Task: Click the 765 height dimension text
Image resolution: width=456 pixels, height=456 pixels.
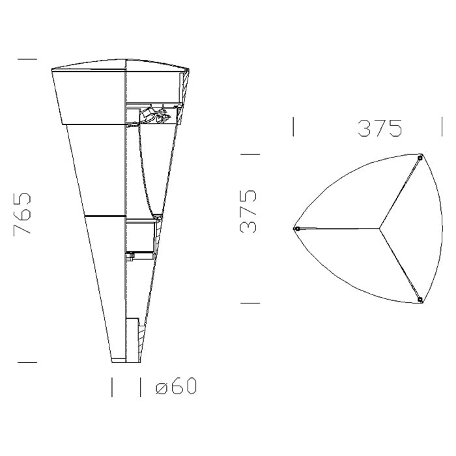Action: tap(22, 213)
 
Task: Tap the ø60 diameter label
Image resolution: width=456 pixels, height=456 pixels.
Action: tap(177, 386)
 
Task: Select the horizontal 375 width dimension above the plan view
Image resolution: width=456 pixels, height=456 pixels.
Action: tap(380, 128)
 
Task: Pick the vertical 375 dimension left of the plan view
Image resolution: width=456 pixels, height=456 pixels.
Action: tap(248, 211)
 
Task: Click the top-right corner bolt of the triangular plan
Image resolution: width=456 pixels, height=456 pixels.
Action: tap(420, 158)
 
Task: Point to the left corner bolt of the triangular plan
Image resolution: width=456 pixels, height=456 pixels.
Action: tap(296, 229)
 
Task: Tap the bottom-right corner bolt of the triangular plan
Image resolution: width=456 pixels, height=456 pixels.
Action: tap(420, 299)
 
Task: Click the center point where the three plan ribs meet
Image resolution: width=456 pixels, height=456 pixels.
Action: tap(380, 229)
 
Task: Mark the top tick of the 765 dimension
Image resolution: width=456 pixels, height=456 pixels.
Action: tap(27, 59)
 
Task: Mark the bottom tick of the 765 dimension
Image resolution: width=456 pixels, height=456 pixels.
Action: tap(27, 362)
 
